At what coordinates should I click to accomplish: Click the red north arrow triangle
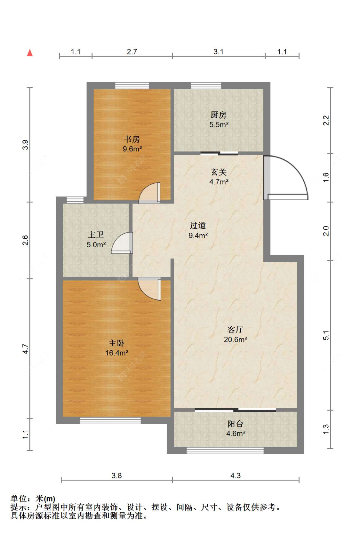pyautogui.click(x=30, y=53)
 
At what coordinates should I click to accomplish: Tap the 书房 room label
pyautogui.click(x=132, y=139)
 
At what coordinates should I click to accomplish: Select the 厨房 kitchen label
pyautogui.click(x=218, y=115)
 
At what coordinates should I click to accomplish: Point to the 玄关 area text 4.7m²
pyautogui.click(x=219, y=182)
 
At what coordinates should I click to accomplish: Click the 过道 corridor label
pyautogui.click(x=198, y=225)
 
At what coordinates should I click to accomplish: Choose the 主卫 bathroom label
pyautogui.click(x=96, y=235)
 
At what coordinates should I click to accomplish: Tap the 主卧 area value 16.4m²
pyautogui.click(x=117, y=353)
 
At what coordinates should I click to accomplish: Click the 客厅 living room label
pyautogui.click(x=235, y=330)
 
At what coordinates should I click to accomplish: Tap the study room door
pyautogui.click(x=150, y=193)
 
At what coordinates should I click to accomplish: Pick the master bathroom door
pyautogui.click(x=122, y=243)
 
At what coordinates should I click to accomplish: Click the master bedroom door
pyautogui.click(x=149, y=289)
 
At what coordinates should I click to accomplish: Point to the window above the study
pyautogui.click(x=132, y=86)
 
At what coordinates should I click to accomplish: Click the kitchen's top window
pyautogui.click(x=206, y=86)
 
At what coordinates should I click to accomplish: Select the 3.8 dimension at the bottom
pyautogui.click(x=116, y=476)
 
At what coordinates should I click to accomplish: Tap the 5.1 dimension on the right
pyautogui.click(x=326, y=335)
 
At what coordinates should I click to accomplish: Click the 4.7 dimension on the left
pyautogui.click(x=25, y=348)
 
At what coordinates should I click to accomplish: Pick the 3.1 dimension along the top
pyautogui.click(x=218, y=52)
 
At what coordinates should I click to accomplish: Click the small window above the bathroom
pyautogui.click(x=75, y=200)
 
